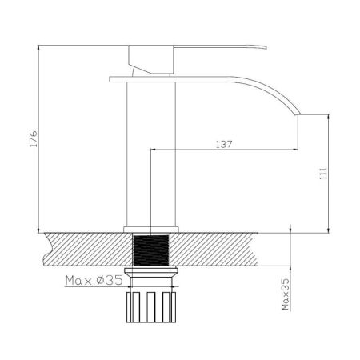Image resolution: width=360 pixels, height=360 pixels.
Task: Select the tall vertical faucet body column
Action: point(152,152)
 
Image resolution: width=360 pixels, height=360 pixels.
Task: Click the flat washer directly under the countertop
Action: point(152,276)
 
